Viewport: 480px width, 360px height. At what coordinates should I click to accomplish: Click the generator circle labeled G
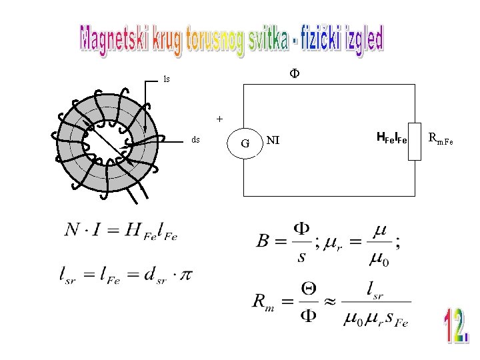[245, 143]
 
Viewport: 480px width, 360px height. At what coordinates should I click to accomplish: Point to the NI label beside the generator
[273, 140]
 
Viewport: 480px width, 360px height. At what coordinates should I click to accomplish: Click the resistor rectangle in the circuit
[415, 141]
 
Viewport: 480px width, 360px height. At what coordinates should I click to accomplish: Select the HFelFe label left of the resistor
[391, 139]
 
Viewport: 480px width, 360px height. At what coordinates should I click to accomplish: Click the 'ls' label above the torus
[167, 79]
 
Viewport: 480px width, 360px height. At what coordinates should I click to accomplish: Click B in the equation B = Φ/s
[264, 240]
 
